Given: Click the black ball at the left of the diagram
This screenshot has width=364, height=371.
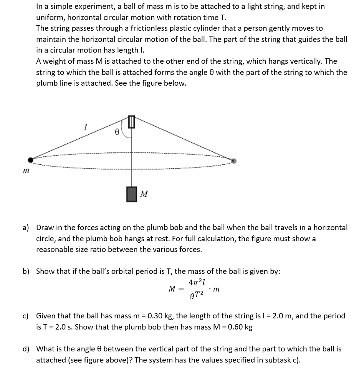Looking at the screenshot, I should [x=30, y=159].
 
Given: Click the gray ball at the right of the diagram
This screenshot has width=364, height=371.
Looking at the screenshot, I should [x=234, y=161].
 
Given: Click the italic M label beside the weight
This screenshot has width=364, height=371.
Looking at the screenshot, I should [x=144, y=194].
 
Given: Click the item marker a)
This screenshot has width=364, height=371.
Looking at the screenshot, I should [x=26, y=227].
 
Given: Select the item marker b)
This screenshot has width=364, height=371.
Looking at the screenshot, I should [x=26, y=271].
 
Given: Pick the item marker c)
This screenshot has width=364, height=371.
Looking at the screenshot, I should [x=26, y=316].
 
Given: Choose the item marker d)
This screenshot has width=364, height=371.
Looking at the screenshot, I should [x=26, y=349].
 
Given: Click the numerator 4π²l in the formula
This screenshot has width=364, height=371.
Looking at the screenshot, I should [x=197, y=282].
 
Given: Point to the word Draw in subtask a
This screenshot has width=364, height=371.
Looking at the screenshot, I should [x=45, y=227].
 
